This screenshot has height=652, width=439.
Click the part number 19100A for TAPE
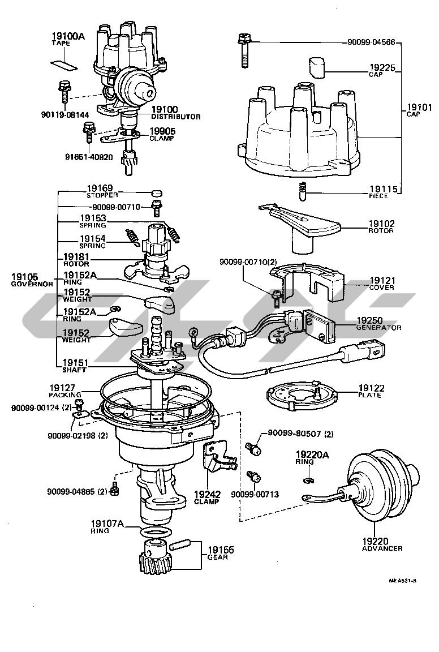(x=67, y=36)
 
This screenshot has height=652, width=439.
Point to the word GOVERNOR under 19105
(x=31, y=284)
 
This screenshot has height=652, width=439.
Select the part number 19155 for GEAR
(x=220, y=550)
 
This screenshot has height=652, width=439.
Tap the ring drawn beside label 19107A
(x=154, y=533)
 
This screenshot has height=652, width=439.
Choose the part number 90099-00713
(x=255, y=494)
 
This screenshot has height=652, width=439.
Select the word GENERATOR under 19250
(x=378, y=328)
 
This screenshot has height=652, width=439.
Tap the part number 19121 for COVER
(x=382, y=280)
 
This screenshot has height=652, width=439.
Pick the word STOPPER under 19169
(x=103, y=195)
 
